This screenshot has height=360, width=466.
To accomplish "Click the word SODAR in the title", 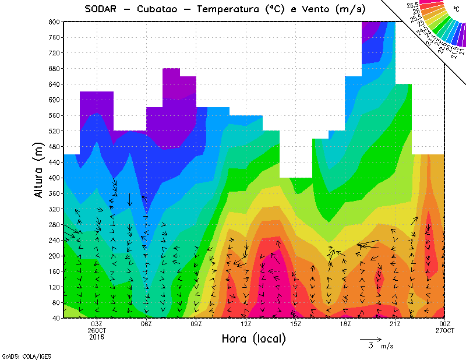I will [101, 9].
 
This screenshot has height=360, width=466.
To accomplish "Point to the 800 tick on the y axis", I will [53, 22].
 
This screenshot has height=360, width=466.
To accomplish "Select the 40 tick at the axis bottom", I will [55, 318].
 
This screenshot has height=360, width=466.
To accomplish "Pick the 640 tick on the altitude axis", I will [53, 84].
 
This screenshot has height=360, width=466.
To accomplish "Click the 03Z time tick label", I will [97, 324].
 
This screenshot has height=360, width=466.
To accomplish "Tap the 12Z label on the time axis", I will [246, 324].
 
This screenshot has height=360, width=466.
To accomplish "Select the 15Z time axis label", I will [295, 324].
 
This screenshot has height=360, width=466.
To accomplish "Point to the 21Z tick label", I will [395, 324].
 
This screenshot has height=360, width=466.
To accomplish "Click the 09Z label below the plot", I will [196, 324].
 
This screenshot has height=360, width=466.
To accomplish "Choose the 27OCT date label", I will [444, 330].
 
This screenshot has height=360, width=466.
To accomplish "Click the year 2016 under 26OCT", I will [97, 337].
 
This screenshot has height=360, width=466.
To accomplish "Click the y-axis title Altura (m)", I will [39, 169].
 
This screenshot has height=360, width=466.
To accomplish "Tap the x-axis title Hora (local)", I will [253, 338].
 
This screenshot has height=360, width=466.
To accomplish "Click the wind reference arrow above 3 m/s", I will [370, 338].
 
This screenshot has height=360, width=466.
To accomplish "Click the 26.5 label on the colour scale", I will [414, 5].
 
